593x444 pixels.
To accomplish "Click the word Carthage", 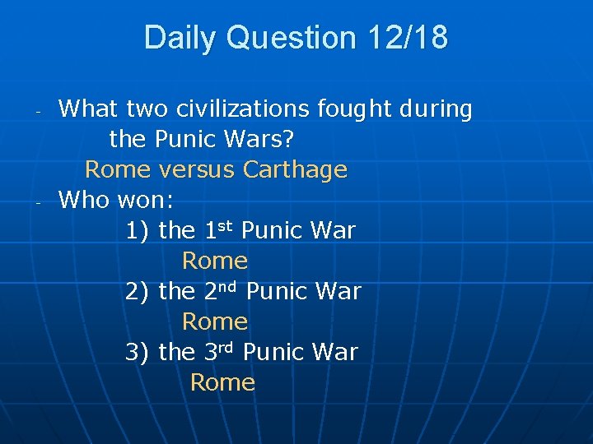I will [295, 169].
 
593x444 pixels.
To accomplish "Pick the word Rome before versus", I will [118, 169].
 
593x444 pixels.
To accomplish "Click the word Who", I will [85, 200].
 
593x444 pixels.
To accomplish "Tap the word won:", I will [146, 200].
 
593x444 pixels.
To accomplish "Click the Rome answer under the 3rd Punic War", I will [222, 382].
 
